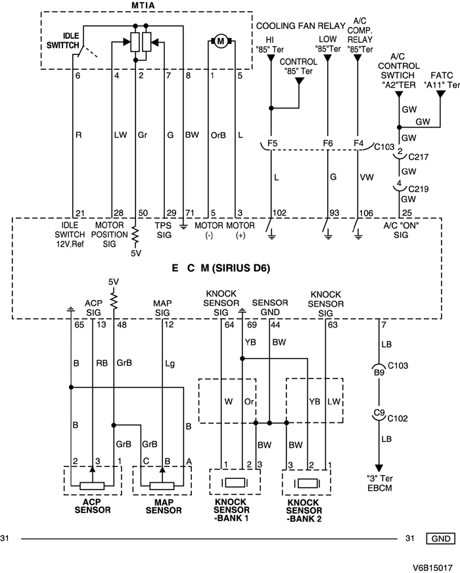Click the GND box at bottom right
point(440,538)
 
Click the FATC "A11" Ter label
point(440,80)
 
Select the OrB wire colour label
point(217,136)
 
